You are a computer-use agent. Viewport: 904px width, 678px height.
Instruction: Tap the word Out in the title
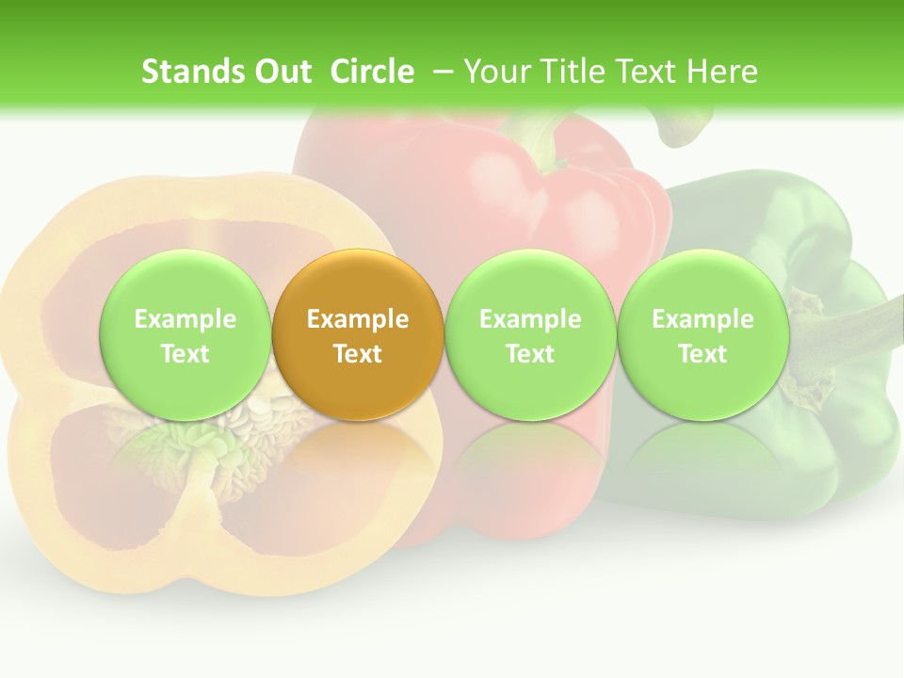coord(281,72)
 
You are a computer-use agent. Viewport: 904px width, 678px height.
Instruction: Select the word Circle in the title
coord(372,72)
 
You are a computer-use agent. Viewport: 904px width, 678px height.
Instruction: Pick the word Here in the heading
coord(722,72)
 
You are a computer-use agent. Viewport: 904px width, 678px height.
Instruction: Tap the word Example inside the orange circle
coord(358,319)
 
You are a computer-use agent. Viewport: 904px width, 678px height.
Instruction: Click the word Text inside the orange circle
coord(358,354)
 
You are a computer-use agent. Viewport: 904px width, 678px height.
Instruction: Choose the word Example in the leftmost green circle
coord(186,319)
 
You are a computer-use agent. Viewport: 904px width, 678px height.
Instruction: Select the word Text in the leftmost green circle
coord(186,354)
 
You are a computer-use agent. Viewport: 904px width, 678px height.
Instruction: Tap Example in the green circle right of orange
coord(530,319)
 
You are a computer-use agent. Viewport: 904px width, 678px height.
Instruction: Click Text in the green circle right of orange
coord(530,354)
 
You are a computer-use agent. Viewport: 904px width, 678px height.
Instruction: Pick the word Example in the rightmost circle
coord(702,319)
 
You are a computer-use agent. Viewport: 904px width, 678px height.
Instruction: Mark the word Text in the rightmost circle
coord(702,354)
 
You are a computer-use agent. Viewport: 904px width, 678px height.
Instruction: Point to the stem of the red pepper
coord(546,137)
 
